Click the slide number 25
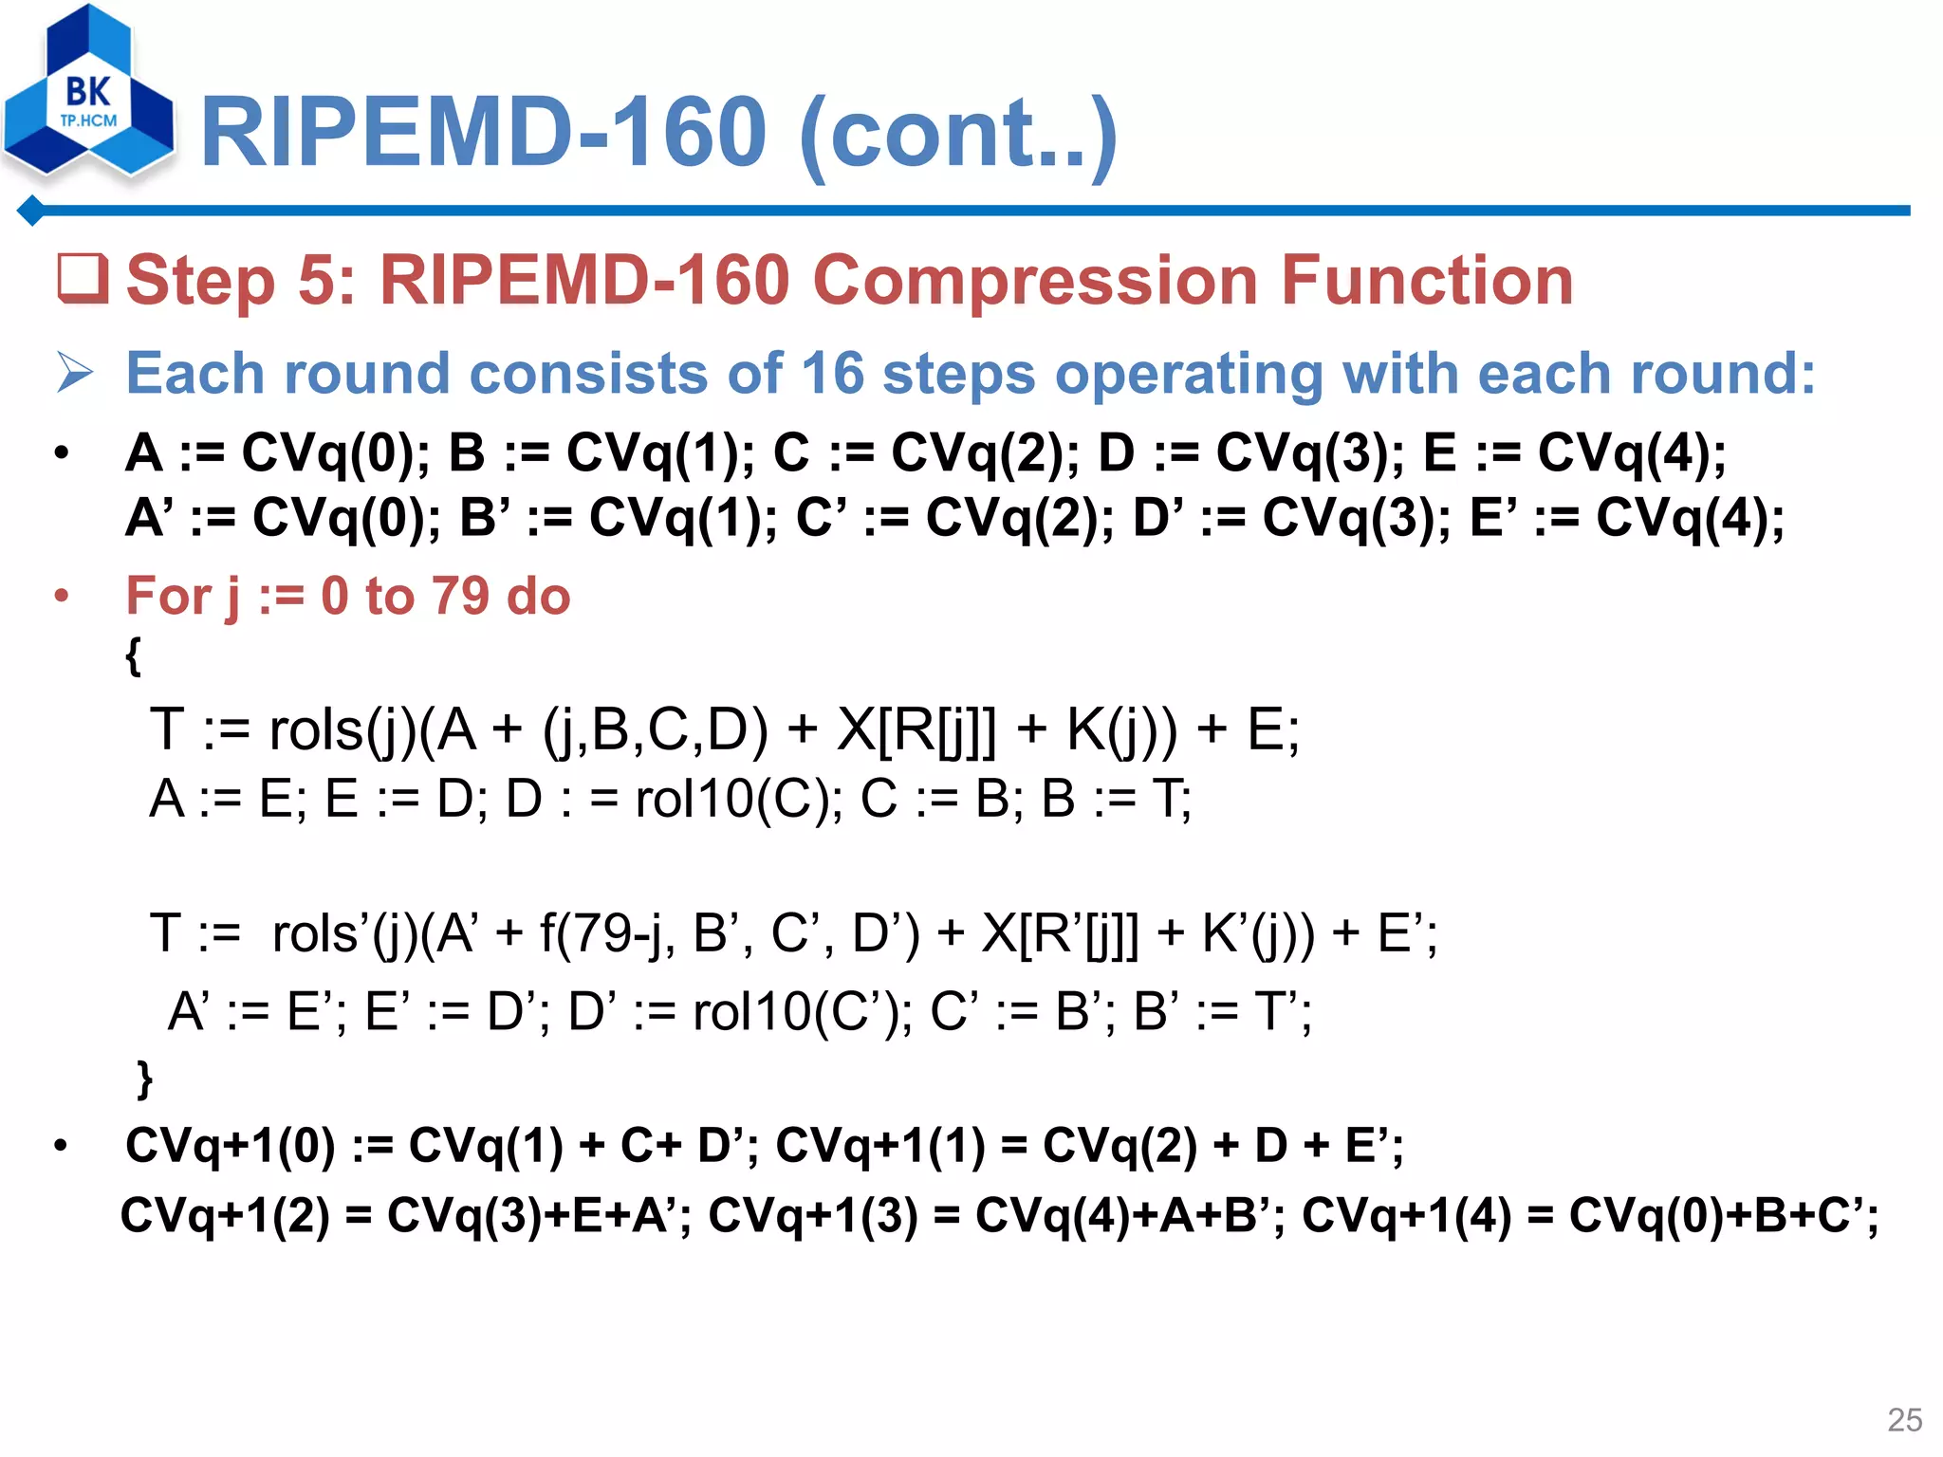(x=1904, y=1419)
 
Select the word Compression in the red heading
(x=1034, y=281)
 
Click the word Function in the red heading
(x=1427, y=281)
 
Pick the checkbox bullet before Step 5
(x=83, y=280)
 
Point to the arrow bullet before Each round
(x=75, y=372)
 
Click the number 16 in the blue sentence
(x=832, y=373)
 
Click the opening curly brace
(x=134, y=655)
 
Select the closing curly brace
(x=144, y=1079)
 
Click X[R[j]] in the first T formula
(x=916, y=730)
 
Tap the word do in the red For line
(x=538, y=596)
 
